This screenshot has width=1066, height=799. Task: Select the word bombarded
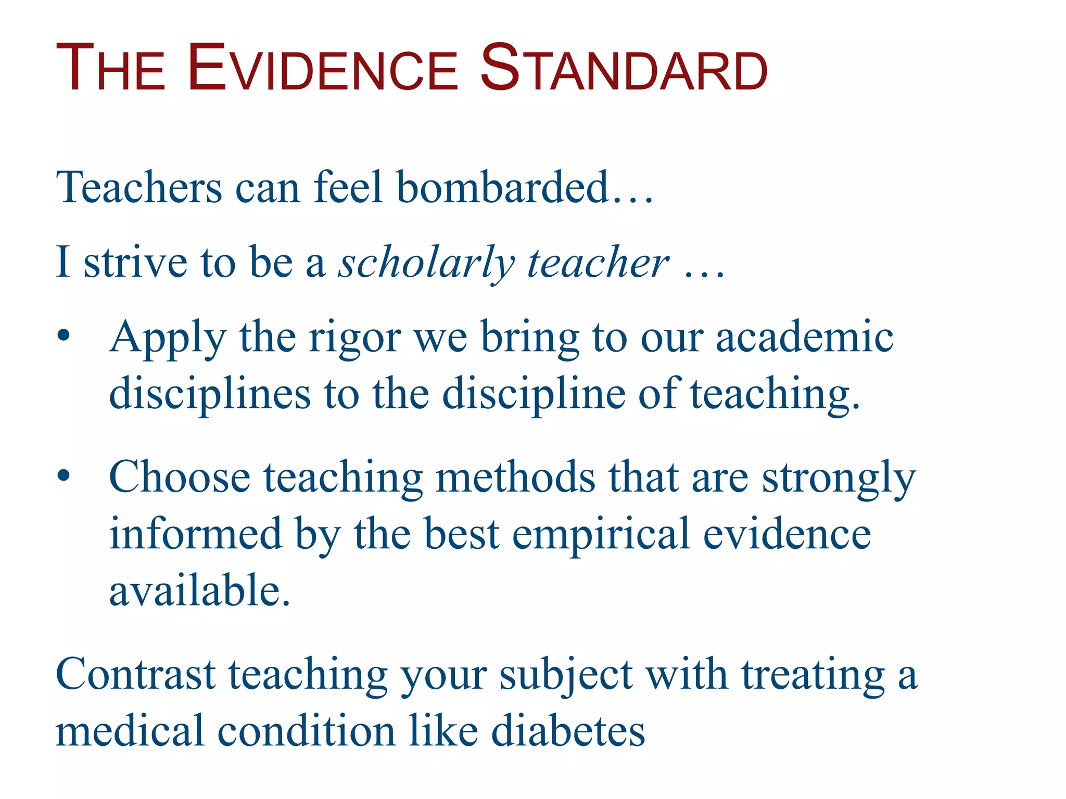[502, 187]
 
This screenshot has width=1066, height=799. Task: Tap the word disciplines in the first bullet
[210, 394]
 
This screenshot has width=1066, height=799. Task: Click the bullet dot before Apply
[64, 336]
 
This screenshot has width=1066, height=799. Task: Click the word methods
[515, 477]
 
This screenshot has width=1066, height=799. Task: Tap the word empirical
[601, 535]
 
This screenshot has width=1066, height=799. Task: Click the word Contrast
[135, 675]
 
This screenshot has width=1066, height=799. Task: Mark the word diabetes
[568, 731]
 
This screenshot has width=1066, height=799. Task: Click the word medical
[129, 731]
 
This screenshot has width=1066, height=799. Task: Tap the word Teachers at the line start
[139, 187]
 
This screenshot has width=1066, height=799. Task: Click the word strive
[135, 263]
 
